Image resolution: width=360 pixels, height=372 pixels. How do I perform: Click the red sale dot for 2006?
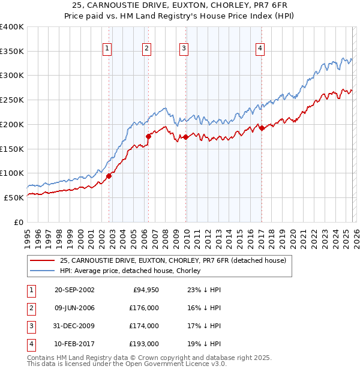148,136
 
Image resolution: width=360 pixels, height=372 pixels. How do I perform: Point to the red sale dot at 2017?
262,128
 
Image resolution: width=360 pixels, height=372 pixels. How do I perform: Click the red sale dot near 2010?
186,137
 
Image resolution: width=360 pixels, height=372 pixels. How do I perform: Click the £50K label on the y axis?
14,197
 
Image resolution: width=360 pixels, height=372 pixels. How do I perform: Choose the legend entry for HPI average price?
130,271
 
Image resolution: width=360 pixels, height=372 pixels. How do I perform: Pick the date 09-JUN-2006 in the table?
74,308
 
